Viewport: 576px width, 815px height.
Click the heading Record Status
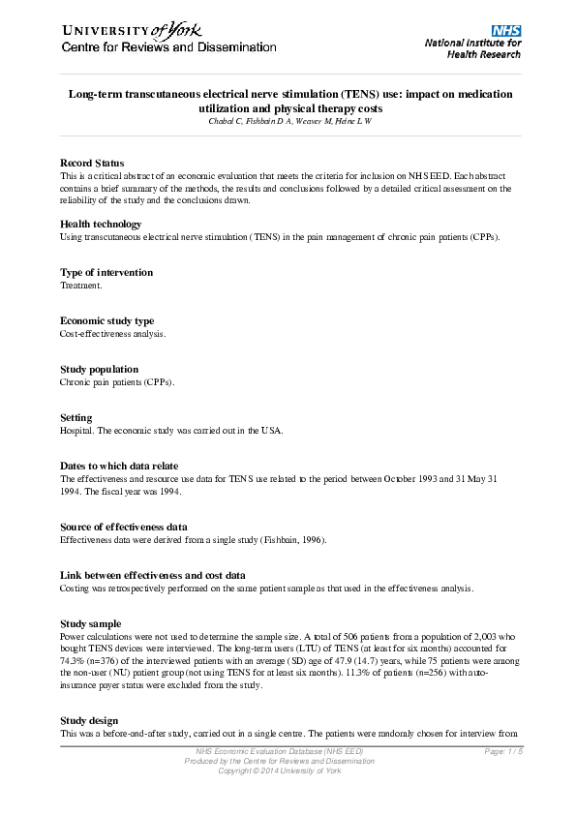click(x=92, y=163)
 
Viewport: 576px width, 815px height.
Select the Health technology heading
click(x=101, y=225)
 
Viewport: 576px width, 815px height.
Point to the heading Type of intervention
click(x=106, y=273)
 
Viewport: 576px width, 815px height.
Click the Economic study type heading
click(x=106, y=321)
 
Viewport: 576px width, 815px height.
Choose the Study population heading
click(x=99, y=370)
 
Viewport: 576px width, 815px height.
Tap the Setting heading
click(x=76, y=418)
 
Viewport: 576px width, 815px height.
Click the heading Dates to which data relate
click(x=119, y=467)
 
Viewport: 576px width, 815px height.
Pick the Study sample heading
click(x=91, y=623)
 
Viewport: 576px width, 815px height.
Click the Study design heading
click(x=89, y=720)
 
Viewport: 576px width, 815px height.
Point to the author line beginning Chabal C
click(x=289, y=120)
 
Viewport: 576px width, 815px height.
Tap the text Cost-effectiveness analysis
click(x=113, y=334)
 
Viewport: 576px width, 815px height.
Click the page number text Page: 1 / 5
click(x=502, y=752)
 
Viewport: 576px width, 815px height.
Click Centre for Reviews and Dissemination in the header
click(x=168, y=47)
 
